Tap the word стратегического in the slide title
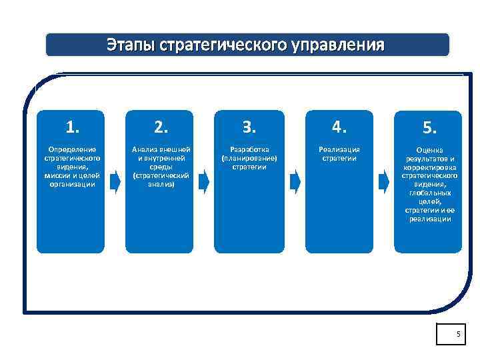[x=220, y=45]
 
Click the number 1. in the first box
[x=73, y=127]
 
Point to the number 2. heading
[x=161, y=127]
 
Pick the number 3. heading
[x=249, y=127]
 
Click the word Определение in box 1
[x=73, y=149]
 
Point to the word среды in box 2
[x=161, y=167]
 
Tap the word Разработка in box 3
[x=249, y=149]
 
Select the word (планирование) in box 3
[x=249, y=158]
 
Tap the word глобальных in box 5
[x=428, y=193]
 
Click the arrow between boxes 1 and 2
[x=115, y=180]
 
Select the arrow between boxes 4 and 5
[x=383, y=180]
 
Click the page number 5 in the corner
[x=458, y=333]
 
